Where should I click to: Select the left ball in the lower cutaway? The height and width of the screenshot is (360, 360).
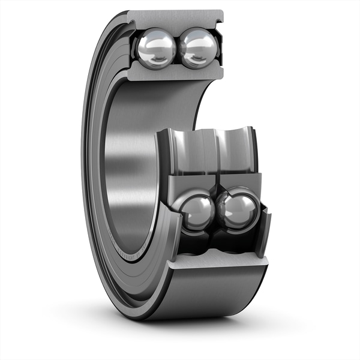point(197,211)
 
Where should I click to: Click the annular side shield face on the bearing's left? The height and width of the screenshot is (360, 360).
point(96,180)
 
